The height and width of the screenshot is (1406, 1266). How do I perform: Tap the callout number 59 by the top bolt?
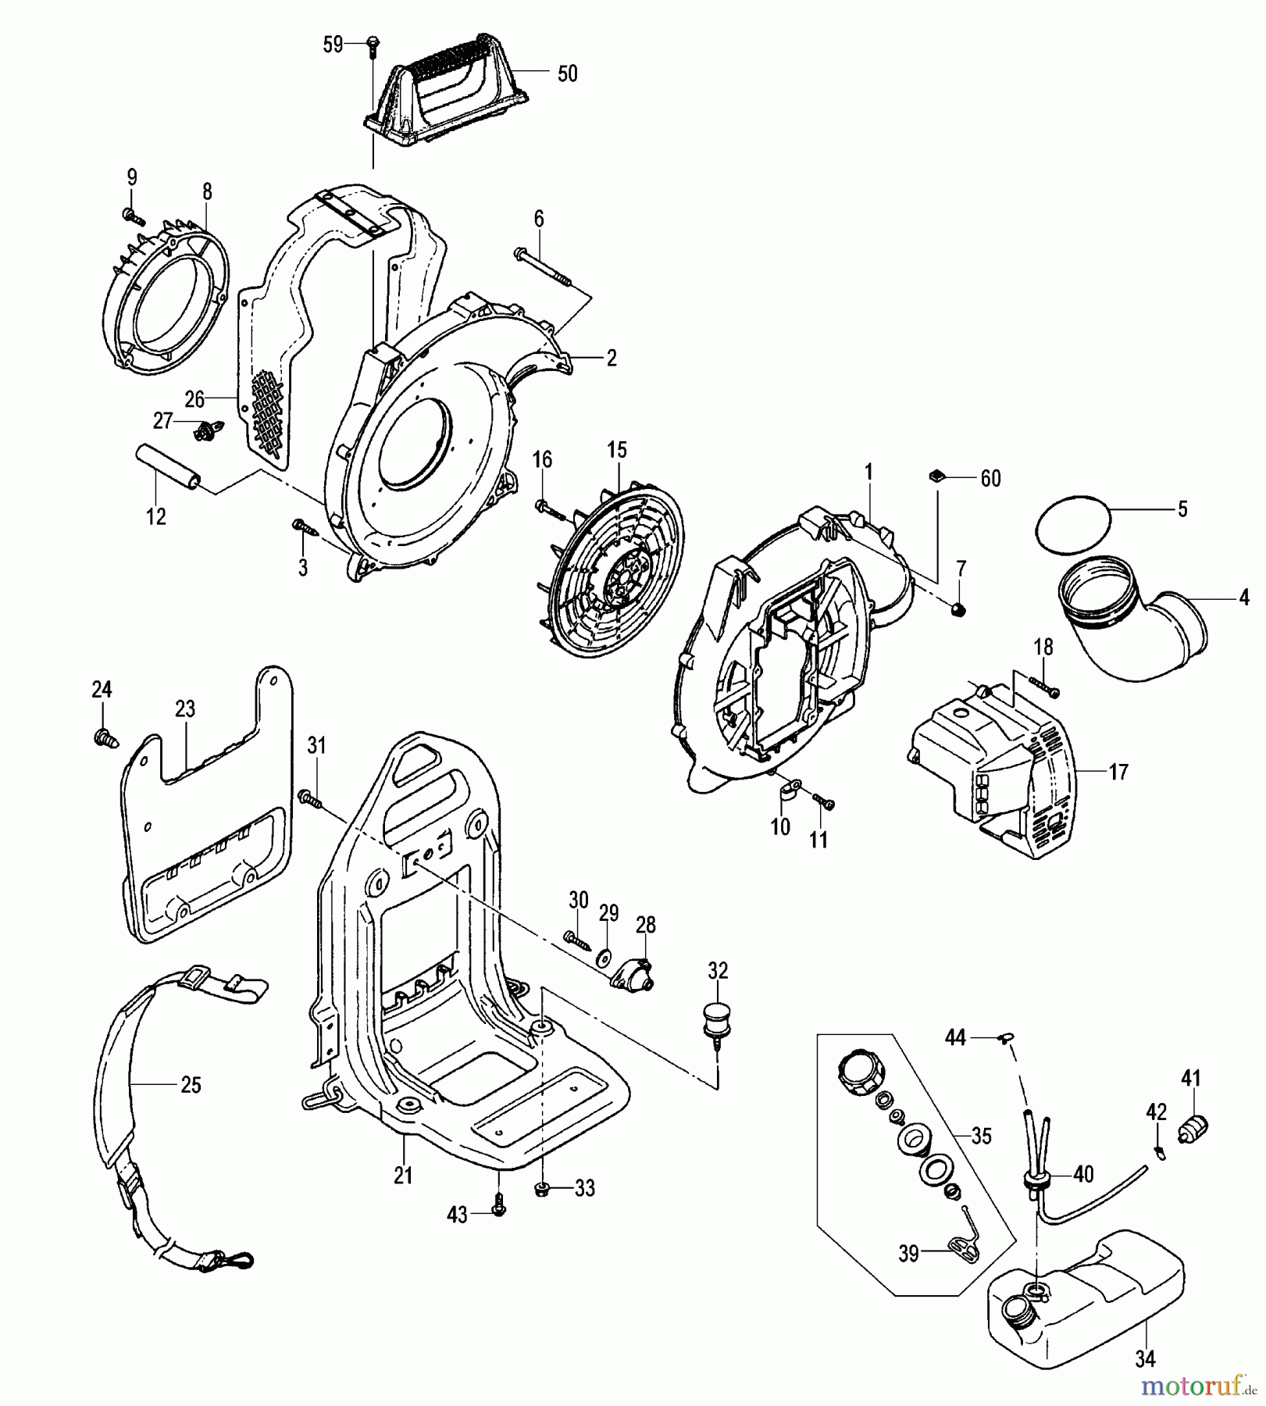pos(333,45)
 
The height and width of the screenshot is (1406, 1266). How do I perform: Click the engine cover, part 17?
pos(992,773)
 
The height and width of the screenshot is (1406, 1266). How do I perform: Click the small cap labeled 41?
pos(1193,1129)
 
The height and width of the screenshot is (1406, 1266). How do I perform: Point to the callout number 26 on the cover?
pos(194,400)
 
